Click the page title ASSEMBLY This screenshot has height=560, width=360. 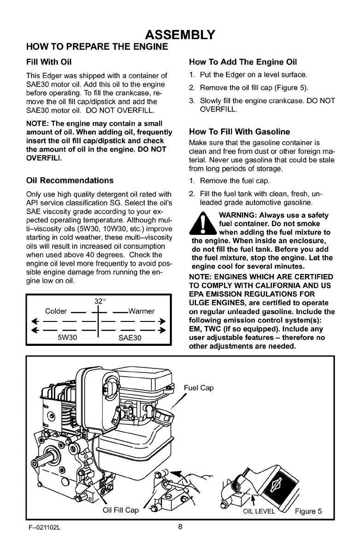[x=180, y=35]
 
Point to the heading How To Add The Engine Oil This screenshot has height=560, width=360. [x=243, y=62]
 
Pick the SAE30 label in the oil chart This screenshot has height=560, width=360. [x=129, y=338]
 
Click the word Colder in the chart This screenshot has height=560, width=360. [x=57, y=310]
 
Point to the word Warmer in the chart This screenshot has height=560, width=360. [x=141, y=310]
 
